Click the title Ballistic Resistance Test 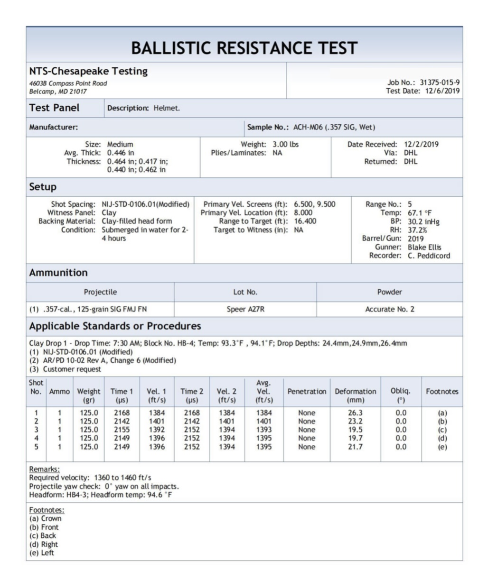(x=244, y=48)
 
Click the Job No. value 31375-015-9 (x=439, y=83)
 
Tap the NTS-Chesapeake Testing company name (x=88, y=71)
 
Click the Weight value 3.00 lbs (x=285, y=144)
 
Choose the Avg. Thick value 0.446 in (x=121, y=153)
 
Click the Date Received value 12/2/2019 (x=421, y=144)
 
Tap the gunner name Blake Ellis (x=424, y=247)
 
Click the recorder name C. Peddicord (x=429, y=256)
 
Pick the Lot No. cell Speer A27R (x=245, y=309)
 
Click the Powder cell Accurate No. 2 (x=389, y=309)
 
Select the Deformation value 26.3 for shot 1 (x=355, y=413)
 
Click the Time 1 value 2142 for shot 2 (x=122, y=421)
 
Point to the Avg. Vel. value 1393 (x=264, y=430)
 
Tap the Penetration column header (x=307, y=391)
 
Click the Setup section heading (x=43, y=187)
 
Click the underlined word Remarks (x=44, y=469)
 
